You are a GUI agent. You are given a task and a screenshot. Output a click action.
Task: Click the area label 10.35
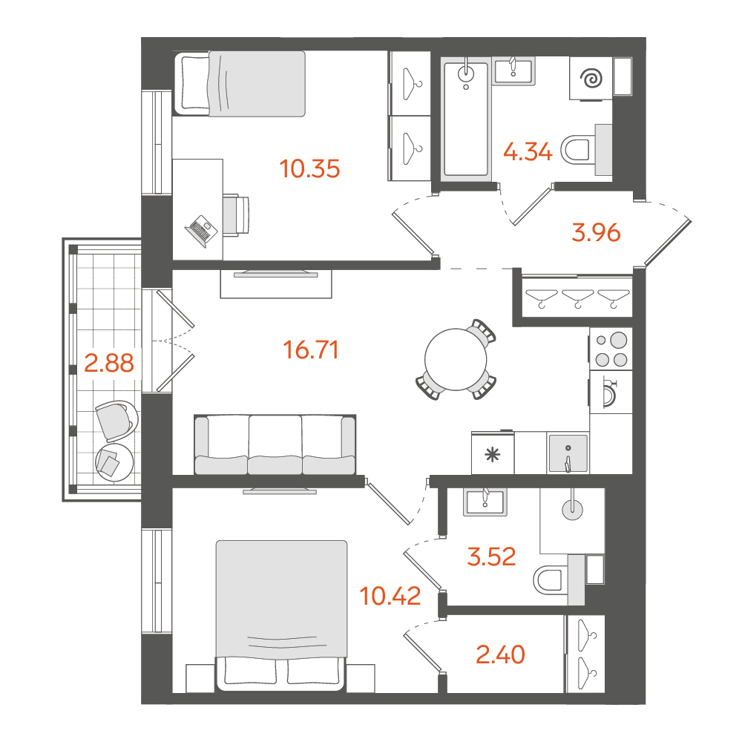[x=309, y=169]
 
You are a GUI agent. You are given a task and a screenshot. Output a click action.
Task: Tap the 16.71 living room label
[x=311, y=350]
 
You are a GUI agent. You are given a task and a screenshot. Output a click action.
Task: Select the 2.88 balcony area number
[x=109, y=363]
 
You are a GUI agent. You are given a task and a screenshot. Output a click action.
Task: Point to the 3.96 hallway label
[x=596, y=233]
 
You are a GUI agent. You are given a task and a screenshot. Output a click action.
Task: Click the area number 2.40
[x=500, y=654]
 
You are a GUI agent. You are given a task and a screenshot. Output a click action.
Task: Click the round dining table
[x=456, y=359]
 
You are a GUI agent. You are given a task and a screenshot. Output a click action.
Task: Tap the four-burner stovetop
[x=611, y=349]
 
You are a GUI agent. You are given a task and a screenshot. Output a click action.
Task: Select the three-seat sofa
[x=275, y=444]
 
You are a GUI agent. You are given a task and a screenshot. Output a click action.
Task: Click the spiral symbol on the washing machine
[x=591, y=79]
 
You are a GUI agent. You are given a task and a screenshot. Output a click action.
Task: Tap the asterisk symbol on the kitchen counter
[x=493, y=456]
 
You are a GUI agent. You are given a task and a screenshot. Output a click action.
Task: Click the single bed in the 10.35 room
[x=240, y=84]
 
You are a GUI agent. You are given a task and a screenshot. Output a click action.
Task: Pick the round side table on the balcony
[x=114, y=462]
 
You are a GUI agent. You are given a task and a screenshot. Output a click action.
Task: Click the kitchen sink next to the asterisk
[x=568, y=453]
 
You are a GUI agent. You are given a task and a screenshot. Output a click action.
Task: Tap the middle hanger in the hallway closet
[x=577, y=298]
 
